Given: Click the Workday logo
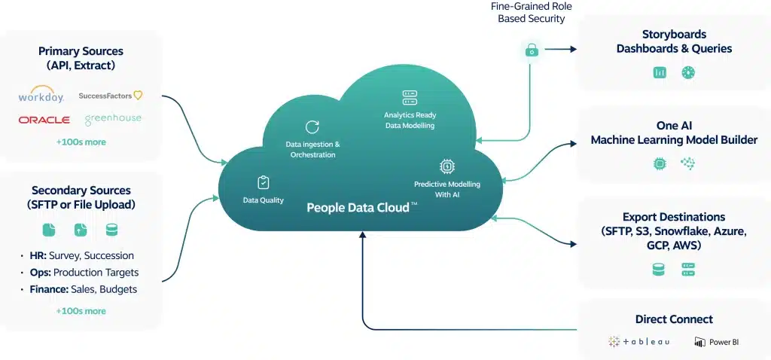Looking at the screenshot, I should (x=42, y=96).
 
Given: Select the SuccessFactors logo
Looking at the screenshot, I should (x=110, y=96).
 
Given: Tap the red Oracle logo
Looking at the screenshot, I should (x=44, y=120).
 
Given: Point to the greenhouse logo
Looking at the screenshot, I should (x=113, y=120).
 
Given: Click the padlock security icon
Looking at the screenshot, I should (x=532, y=50).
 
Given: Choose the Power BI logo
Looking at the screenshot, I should (x=717, y=342).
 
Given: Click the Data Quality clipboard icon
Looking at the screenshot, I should (x=263, y=182).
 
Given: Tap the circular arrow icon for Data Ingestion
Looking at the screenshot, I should (x=312, y=127).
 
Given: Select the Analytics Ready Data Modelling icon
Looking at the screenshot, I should (x=410, y=97).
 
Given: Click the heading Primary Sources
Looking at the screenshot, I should (x=81, y=51).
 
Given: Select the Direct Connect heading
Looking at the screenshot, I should (x=674, y=319).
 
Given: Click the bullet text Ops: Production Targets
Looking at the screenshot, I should (x=84, y=272).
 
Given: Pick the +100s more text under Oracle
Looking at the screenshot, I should (x=81, y=142).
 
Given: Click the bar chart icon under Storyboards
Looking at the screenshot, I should (x=660, y=72).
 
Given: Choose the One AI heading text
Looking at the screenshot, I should (x=674, y=126).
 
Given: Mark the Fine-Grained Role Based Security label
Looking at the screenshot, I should (x=531, y=12).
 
